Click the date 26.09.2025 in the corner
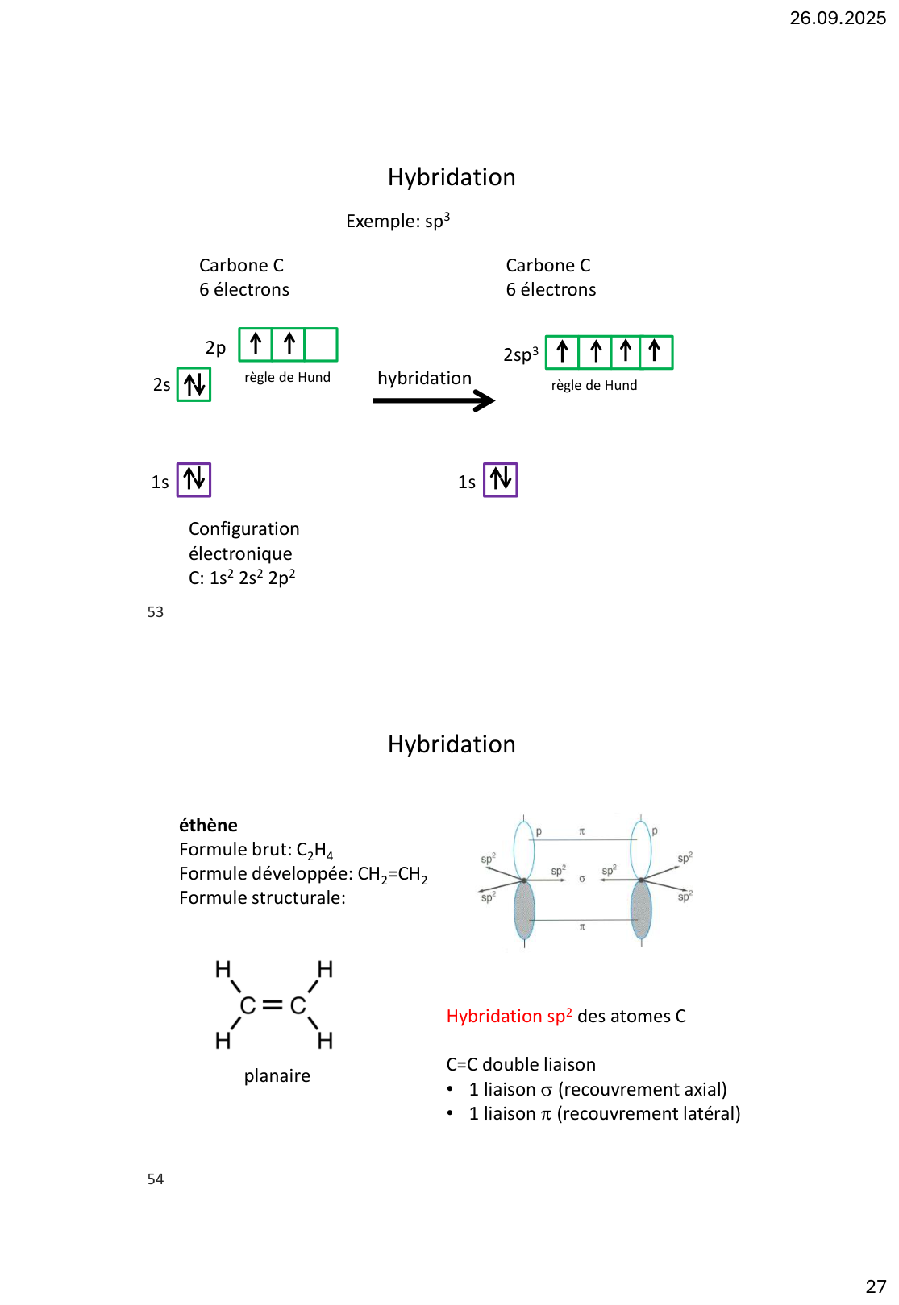pos(837,18)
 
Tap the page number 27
pos(876,1286)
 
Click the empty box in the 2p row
pos(321,344)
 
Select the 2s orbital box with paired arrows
pos(194,384)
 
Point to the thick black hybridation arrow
pos(434,400)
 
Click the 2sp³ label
pos(521,354)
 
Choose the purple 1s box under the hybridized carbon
pos(500,480)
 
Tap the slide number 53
pos(156,612)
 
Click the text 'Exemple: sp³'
pos(397,221)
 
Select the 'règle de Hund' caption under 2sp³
pos(594,386)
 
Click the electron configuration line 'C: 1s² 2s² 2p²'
pos(242,578)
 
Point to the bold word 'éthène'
pos(208,825)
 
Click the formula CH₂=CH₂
pos(392,875)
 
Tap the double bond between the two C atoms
pos(273,1005)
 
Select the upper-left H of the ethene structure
pos(223,969)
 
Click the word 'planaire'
pos(277,1076)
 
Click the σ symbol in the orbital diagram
pos(582,879)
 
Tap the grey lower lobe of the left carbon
pos(524,910)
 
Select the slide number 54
pos(156,1179)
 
